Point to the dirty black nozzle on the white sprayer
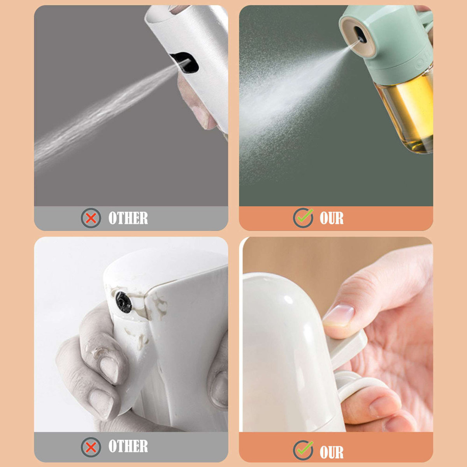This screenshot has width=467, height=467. point(123,302)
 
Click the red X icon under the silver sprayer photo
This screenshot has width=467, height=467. point(91,218)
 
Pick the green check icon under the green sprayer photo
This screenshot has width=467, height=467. point(304,218)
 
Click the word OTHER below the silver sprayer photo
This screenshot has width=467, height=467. point(128,218)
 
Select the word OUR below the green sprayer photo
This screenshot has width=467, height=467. point(332,218)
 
